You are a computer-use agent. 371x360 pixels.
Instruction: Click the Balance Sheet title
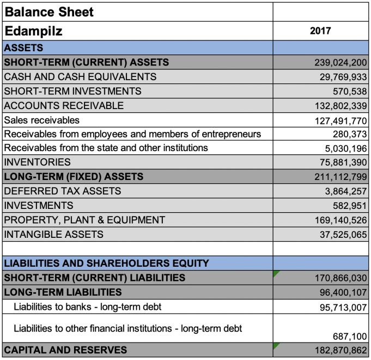coord(49,12)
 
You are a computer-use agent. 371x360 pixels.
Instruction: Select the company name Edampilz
coord(33,31)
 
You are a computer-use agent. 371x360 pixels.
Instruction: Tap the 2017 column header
coord(320,31)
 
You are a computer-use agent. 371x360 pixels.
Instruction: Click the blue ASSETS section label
coord(23,48)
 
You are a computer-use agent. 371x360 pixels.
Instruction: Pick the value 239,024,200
coord(340,63)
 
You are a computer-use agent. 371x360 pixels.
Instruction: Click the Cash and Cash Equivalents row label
coord(80,77)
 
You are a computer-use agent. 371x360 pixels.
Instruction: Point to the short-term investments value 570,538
coord(350,92)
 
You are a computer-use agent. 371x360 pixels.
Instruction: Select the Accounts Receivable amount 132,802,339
coord(340,106)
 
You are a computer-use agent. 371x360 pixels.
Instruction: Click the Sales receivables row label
coord(41,120)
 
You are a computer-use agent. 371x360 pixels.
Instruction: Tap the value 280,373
coord(350,134)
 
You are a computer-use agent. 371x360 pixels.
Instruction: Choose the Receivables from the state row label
coord(106,148)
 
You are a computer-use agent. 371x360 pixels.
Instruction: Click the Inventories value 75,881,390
coord(343,163)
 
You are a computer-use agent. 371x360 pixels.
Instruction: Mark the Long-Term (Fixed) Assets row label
coord(74,177)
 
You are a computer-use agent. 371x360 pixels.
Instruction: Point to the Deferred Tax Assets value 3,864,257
coord(346,191)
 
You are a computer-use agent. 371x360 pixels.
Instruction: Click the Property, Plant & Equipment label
coord(84,220)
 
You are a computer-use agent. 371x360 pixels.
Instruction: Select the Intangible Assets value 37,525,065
coord(343,235)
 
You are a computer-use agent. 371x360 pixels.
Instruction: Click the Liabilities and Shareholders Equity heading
coord(106,263)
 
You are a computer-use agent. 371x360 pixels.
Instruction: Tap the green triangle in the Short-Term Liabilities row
coord(276,273)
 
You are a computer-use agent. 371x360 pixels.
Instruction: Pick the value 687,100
coord(350,337)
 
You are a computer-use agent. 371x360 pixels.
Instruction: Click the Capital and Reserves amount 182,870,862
coord(340,350)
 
